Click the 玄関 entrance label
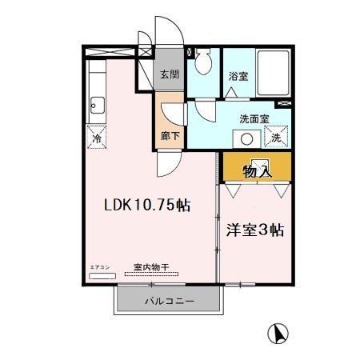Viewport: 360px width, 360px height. [x=168, y=74]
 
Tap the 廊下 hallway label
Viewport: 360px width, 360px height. [x=170, y=136]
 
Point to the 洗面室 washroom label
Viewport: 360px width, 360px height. [x=254, y=119]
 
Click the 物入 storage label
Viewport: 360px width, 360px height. [x=258, y=170]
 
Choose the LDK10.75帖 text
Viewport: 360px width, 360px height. [x=146, y=204]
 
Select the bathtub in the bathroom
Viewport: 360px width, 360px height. [x=274, y=72]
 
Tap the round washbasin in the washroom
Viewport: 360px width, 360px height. [x=246, y=138]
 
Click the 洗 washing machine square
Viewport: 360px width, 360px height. [x=275, y=137]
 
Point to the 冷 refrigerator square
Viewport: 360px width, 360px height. [x=96, y=137]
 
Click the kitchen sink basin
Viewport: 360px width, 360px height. [x=97, y=104]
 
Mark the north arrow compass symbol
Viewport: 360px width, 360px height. [x=280, y=331]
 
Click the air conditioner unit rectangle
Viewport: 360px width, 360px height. [x=102, y=275]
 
